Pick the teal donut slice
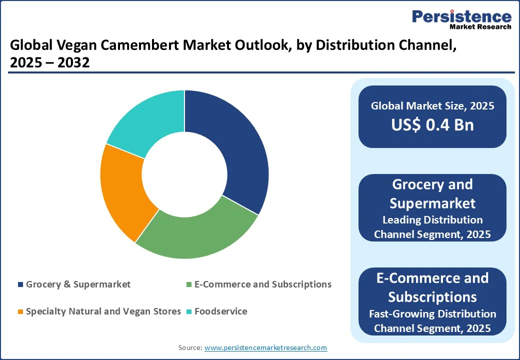[147, 122]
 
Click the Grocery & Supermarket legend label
[78, 284]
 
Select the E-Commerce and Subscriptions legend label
[262, 284]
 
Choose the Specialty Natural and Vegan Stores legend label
[103, 311]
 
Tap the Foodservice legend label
[220, 311]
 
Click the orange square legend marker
[20, 312]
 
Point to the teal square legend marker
[188, 312]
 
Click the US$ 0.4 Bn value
[432, 124]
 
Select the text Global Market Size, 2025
[432, 105]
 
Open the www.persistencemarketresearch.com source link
[265, 347]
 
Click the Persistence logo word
[461, 16]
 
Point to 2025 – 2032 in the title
[49, 63]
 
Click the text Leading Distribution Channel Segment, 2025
[432, 227]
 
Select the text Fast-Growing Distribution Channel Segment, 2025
[432, 321]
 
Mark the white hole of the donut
[184, 174]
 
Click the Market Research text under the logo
[480, 26]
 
